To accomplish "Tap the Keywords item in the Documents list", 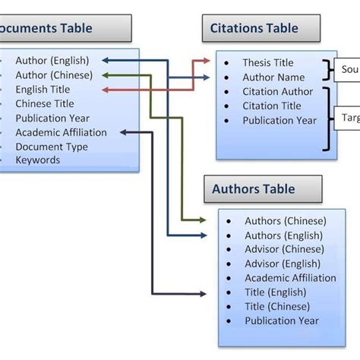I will tap(38, 160).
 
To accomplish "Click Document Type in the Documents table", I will tap(52, 147).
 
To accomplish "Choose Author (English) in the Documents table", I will tap(52, 61).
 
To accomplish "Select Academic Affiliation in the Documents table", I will tap(62, 132).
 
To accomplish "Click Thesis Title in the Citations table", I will tap(267, 63).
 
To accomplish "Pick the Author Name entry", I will tap(273, 77).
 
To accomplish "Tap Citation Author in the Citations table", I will tap(277, 92).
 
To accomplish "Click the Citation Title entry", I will tap(272, 106).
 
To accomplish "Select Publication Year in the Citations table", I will tap(279, 121).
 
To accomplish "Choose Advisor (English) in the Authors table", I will tap(280, 264).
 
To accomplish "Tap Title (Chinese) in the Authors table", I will tap(276, 306).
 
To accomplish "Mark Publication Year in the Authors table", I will tap(280, 321).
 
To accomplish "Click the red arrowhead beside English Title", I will tap(104, 90).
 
